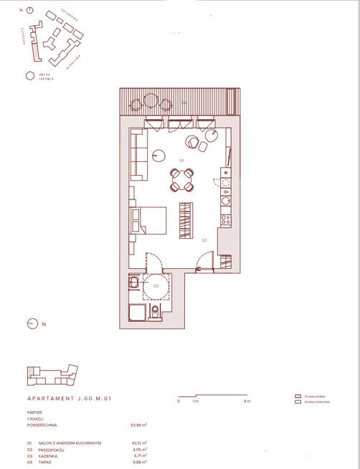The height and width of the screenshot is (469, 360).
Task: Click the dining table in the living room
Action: [x=182, y=179]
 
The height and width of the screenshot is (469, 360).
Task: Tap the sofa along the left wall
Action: [x=138, y=155]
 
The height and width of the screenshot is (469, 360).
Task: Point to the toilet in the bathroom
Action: [x=156, y=311]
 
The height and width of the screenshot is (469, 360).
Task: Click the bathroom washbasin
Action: [x=133, y=283]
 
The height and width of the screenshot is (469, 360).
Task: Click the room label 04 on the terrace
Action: [x=184, y=103]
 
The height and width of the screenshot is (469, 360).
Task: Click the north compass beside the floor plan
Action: [x=32, y=323]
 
